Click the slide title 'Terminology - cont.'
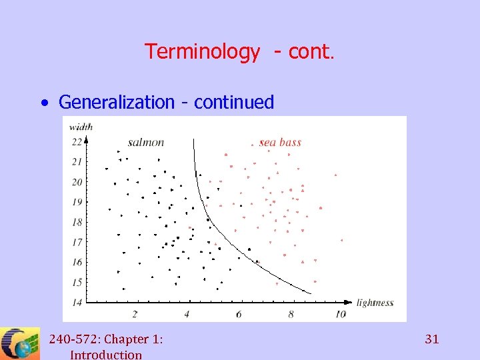pos(239,51)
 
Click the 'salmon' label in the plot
pos(145,142)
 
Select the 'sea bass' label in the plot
pos(280,142)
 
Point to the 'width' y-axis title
pos(81,126)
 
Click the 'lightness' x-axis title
pos(375,303)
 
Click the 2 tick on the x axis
pos(135,314)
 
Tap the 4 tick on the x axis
pos(187,314)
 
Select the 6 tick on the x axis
pos(239,314)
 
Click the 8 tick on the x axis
pos(291,314)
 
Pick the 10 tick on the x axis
pos(341,314)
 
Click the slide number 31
pos(432,339)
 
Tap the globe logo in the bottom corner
pos(20,344)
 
